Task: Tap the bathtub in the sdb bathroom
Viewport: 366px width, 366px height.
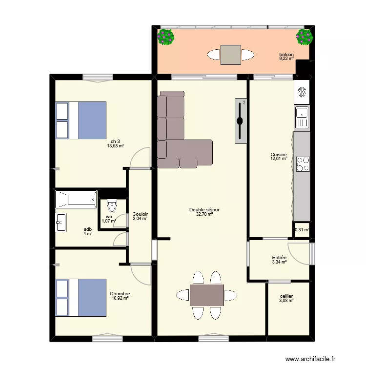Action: click(x=76, y=200)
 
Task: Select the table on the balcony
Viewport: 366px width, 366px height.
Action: click(x=231, y=55)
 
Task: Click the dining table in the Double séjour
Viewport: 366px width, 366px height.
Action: click(x=206, y=295)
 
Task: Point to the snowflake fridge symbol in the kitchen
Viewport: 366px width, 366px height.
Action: click(x=302, y=92)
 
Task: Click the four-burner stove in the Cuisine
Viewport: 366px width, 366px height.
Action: click(x=303, y=163)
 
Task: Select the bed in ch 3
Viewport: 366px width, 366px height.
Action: click(x=81, y=120)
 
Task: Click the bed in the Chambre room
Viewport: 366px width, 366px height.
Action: click(x=81, y=297)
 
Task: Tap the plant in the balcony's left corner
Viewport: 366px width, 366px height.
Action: click(x=166, y=37)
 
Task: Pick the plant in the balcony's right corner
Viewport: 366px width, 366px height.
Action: click(x=305, y=37)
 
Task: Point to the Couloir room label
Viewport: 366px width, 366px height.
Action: click(x=140, y=214)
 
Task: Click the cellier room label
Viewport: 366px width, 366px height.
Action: click(x=286, y=296)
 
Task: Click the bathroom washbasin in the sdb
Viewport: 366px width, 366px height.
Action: click(x=61, y=223)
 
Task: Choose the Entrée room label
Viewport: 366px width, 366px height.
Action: click(x=279, y=258)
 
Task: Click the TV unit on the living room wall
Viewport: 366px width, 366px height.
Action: click(x=241, y=121)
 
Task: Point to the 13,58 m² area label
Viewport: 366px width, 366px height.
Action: click(x=116, y=145)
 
